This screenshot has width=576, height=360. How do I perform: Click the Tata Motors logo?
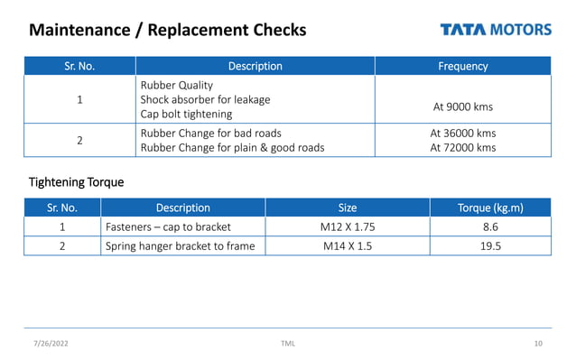point(496,29)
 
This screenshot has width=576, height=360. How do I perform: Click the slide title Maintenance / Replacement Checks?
point(168,30)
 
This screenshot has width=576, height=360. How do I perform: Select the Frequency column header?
point(462,66)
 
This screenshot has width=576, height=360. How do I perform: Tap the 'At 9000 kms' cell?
point(462,106)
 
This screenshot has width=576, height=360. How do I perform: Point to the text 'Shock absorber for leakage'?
point(205,99)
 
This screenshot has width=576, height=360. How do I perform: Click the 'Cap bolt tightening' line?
point(186,115)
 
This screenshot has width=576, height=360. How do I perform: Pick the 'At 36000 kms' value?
point(462,133)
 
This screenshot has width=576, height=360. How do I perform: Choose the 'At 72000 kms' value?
point(462,148)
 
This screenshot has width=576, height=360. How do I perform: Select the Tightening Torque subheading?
point(76,182)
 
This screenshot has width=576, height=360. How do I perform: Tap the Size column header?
point(347,208)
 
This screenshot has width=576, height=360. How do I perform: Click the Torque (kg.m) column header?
point(490,208)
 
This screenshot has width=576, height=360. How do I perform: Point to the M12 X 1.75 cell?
point(347,226)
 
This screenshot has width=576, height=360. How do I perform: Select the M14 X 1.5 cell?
point(347,245)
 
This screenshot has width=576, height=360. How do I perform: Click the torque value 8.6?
point(490,226)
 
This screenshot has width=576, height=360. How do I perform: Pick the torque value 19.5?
point(490,245)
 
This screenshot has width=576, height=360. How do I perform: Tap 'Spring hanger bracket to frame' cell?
point(180,245)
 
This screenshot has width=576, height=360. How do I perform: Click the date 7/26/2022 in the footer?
point(51,344)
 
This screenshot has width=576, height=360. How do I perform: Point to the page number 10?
point(538,344)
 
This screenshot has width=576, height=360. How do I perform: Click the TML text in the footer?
point(288,344)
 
